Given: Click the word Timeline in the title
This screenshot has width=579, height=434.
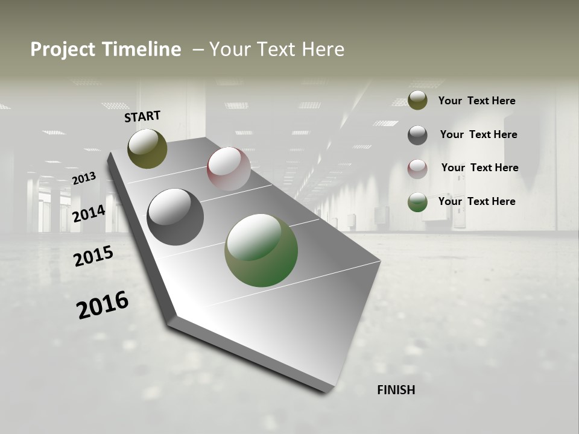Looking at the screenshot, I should tap(142, 49).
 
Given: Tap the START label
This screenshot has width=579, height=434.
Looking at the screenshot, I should tap(142, 116).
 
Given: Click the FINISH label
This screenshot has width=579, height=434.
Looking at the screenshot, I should tap(396, 390).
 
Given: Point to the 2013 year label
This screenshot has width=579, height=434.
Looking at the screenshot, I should tap(84, 178).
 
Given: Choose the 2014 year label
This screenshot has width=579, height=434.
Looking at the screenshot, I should tap(89, 213).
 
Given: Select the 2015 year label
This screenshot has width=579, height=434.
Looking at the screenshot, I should tap(93, 256).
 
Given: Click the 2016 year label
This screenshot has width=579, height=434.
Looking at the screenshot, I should tap(103, 305).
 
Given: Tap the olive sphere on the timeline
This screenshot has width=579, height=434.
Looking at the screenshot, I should tap(148, 148).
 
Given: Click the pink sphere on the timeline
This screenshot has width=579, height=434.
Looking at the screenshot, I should tap(229, 168).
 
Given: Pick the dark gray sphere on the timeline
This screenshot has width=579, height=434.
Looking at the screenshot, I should tap(176, 217).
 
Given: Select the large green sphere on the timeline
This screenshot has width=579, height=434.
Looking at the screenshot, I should tap(261, 250).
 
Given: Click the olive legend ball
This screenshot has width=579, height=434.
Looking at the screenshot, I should tap(417, 101).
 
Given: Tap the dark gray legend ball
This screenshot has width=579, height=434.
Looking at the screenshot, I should tap(417, 135).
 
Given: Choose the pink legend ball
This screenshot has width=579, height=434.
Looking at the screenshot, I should tap(417, 169).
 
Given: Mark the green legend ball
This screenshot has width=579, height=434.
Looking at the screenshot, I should tap(417, 202).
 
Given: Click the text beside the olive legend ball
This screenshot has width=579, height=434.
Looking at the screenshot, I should tap(476, 101).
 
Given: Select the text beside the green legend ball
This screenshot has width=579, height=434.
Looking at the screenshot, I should tap(476, 201).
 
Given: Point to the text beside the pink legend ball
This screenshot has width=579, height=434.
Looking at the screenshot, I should tap(479, 168).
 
